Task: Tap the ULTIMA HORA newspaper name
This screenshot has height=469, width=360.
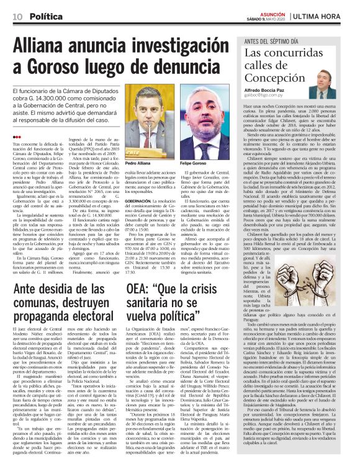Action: pos(325,14)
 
